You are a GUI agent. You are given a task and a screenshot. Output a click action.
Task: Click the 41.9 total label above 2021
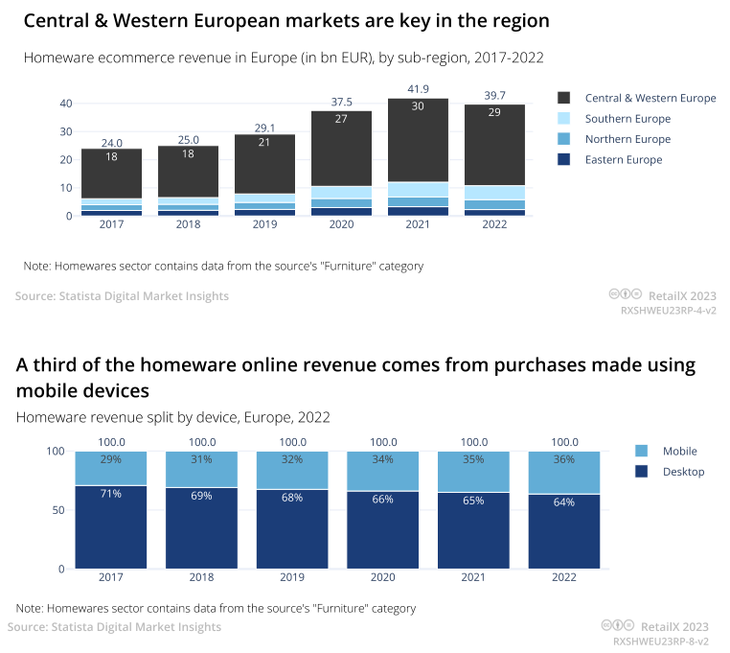418,89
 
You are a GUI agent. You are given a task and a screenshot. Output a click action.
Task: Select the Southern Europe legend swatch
563,119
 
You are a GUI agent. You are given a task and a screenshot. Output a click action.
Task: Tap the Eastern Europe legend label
623,160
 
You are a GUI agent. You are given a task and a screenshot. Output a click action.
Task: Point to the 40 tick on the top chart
66,104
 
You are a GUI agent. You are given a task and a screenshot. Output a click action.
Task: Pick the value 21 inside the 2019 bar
264,142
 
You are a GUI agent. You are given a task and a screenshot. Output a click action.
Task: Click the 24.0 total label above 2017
111,143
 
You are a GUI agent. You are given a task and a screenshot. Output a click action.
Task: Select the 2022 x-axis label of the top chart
494,225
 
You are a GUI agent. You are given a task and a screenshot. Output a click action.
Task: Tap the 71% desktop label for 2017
111,494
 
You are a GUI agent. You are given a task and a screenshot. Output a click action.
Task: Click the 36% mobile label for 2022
563,459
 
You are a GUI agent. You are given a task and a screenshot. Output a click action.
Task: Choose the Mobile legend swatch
641,451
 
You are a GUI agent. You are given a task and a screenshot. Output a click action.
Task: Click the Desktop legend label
683,472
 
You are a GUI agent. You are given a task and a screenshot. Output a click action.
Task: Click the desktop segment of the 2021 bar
473,532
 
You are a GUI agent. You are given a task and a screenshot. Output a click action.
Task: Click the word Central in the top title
57,20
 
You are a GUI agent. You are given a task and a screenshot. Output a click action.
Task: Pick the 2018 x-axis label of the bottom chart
201,579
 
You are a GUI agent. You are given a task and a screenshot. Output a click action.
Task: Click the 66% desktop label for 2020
382,499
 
